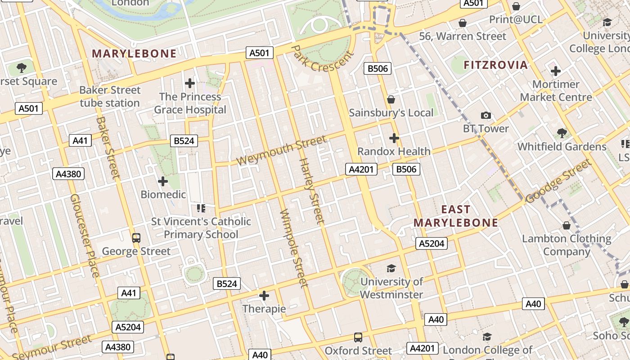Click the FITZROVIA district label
tap(495, 65)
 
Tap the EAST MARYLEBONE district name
tap(456, 216)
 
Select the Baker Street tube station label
tap(110, 96)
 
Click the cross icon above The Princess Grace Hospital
tap(190, 83)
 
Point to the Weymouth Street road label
tap(281, 150)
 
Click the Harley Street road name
tap(311, 190)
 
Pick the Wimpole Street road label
tap(293, 248)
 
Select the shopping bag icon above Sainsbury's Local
tap(391, 99)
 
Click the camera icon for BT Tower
tap(486, 116)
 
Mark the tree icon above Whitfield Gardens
tap(562, 133)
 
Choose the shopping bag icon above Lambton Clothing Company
tap(567, 225)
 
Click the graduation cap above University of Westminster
tap(391, 269)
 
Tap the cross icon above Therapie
tap(264, 296)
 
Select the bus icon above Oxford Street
tap(358, 337)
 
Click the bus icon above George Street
tap(136, 238)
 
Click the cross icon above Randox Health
tap(394, 138)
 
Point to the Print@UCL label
tap(516, 19)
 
